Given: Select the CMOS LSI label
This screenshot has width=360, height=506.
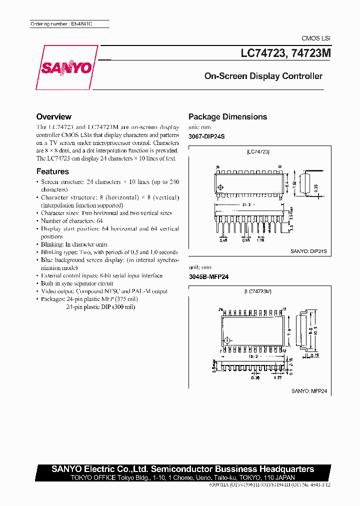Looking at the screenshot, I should tap(315, 38).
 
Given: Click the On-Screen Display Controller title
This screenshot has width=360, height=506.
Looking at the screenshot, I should tap(263, 76).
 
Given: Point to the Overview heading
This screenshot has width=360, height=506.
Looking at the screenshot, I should tap(54, 116).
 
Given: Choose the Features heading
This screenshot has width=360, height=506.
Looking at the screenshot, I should tap(52, 171).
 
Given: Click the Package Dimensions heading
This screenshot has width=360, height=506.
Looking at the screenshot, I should tap(227, 117).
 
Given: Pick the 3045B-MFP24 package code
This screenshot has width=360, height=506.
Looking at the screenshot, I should tap(208, 276).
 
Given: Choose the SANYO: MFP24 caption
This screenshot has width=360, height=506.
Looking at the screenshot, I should tap(311, 392).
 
